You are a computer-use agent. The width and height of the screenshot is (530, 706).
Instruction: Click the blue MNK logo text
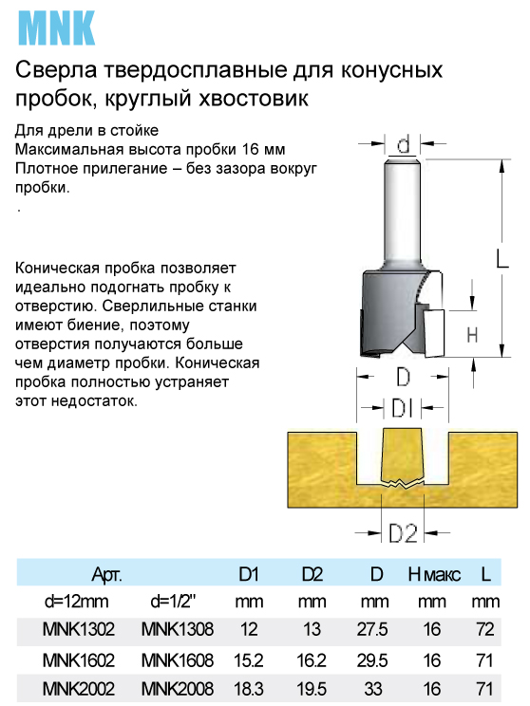pos(56,28)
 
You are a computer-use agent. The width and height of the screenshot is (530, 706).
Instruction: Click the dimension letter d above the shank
pos(404,144)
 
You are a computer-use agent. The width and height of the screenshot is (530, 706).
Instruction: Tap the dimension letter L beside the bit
pos(502,259)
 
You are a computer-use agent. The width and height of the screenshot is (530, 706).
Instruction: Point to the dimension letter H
pos(472,335)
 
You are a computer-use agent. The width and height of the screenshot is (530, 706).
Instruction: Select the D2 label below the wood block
pos(403,533)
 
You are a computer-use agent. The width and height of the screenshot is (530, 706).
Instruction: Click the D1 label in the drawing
pos(403,408)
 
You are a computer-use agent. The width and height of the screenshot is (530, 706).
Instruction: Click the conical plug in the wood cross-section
pos(403,456)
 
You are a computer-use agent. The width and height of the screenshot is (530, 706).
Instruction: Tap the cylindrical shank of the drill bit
pos(403,212)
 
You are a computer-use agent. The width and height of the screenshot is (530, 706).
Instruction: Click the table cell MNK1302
pos(79,629)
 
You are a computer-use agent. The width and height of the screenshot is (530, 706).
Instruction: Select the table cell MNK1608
pos(177,660)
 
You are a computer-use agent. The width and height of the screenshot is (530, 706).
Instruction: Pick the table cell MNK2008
pos(177,689)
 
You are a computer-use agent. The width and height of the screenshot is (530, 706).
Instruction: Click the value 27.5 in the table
pos(372,629)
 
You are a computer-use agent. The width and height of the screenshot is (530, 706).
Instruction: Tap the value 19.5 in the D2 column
pos(312,689)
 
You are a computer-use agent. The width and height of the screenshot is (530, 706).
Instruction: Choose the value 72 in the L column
pos(485,629)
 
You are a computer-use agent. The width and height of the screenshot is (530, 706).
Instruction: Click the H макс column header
pos(434,574)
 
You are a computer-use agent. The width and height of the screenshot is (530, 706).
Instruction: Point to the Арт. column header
pos(106,575)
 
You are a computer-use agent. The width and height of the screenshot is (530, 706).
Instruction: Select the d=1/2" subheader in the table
pos(173,602)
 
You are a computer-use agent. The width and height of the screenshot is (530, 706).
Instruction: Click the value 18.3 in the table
pos(249,689)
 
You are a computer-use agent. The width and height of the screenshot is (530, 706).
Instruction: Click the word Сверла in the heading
pos(56,70)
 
